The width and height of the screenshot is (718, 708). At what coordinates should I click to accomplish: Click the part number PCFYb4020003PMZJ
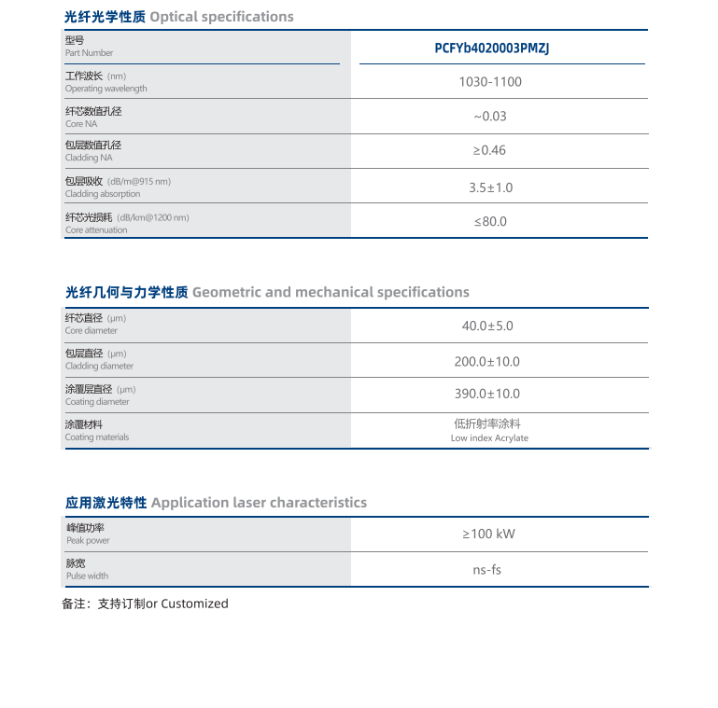[492, 49]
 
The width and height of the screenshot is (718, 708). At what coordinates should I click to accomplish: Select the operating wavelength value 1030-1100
[490, 82]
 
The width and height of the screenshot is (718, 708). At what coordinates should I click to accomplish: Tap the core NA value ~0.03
[490, 117]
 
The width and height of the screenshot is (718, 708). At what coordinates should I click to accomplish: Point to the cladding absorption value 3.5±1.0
[490, 187]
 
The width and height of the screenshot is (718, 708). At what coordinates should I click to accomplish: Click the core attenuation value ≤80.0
[490, 222]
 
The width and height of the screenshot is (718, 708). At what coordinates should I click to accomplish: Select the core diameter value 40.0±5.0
[487, 326]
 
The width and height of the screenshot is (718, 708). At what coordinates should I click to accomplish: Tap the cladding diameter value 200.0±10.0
[487, 362]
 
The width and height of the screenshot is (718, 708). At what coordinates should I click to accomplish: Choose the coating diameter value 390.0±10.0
[487, 394]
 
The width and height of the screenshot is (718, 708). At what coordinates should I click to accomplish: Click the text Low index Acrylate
[489, 438]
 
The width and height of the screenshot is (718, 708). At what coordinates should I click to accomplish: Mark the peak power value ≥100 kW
[488, 534]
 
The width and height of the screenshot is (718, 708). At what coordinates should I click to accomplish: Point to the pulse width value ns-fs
[487, 570]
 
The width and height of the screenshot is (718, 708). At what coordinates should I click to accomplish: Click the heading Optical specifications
[221, 17]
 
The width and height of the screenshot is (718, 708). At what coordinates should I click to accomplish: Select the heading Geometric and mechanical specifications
[331, 292]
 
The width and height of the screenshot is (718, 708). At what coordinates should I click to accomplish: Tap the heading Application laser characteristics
[259, 503]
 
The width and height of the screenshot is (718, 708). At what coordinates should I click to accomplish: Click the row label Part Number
[89, 53]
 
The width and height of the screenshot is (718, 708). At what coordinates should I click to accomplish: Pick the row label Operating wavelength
[106, 89]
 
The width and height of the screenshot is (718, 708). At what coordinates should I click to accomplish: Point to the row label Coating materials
[97, 437]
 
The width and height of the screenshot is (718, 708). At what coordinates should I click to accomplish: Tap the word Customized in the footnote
[194, 604]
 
